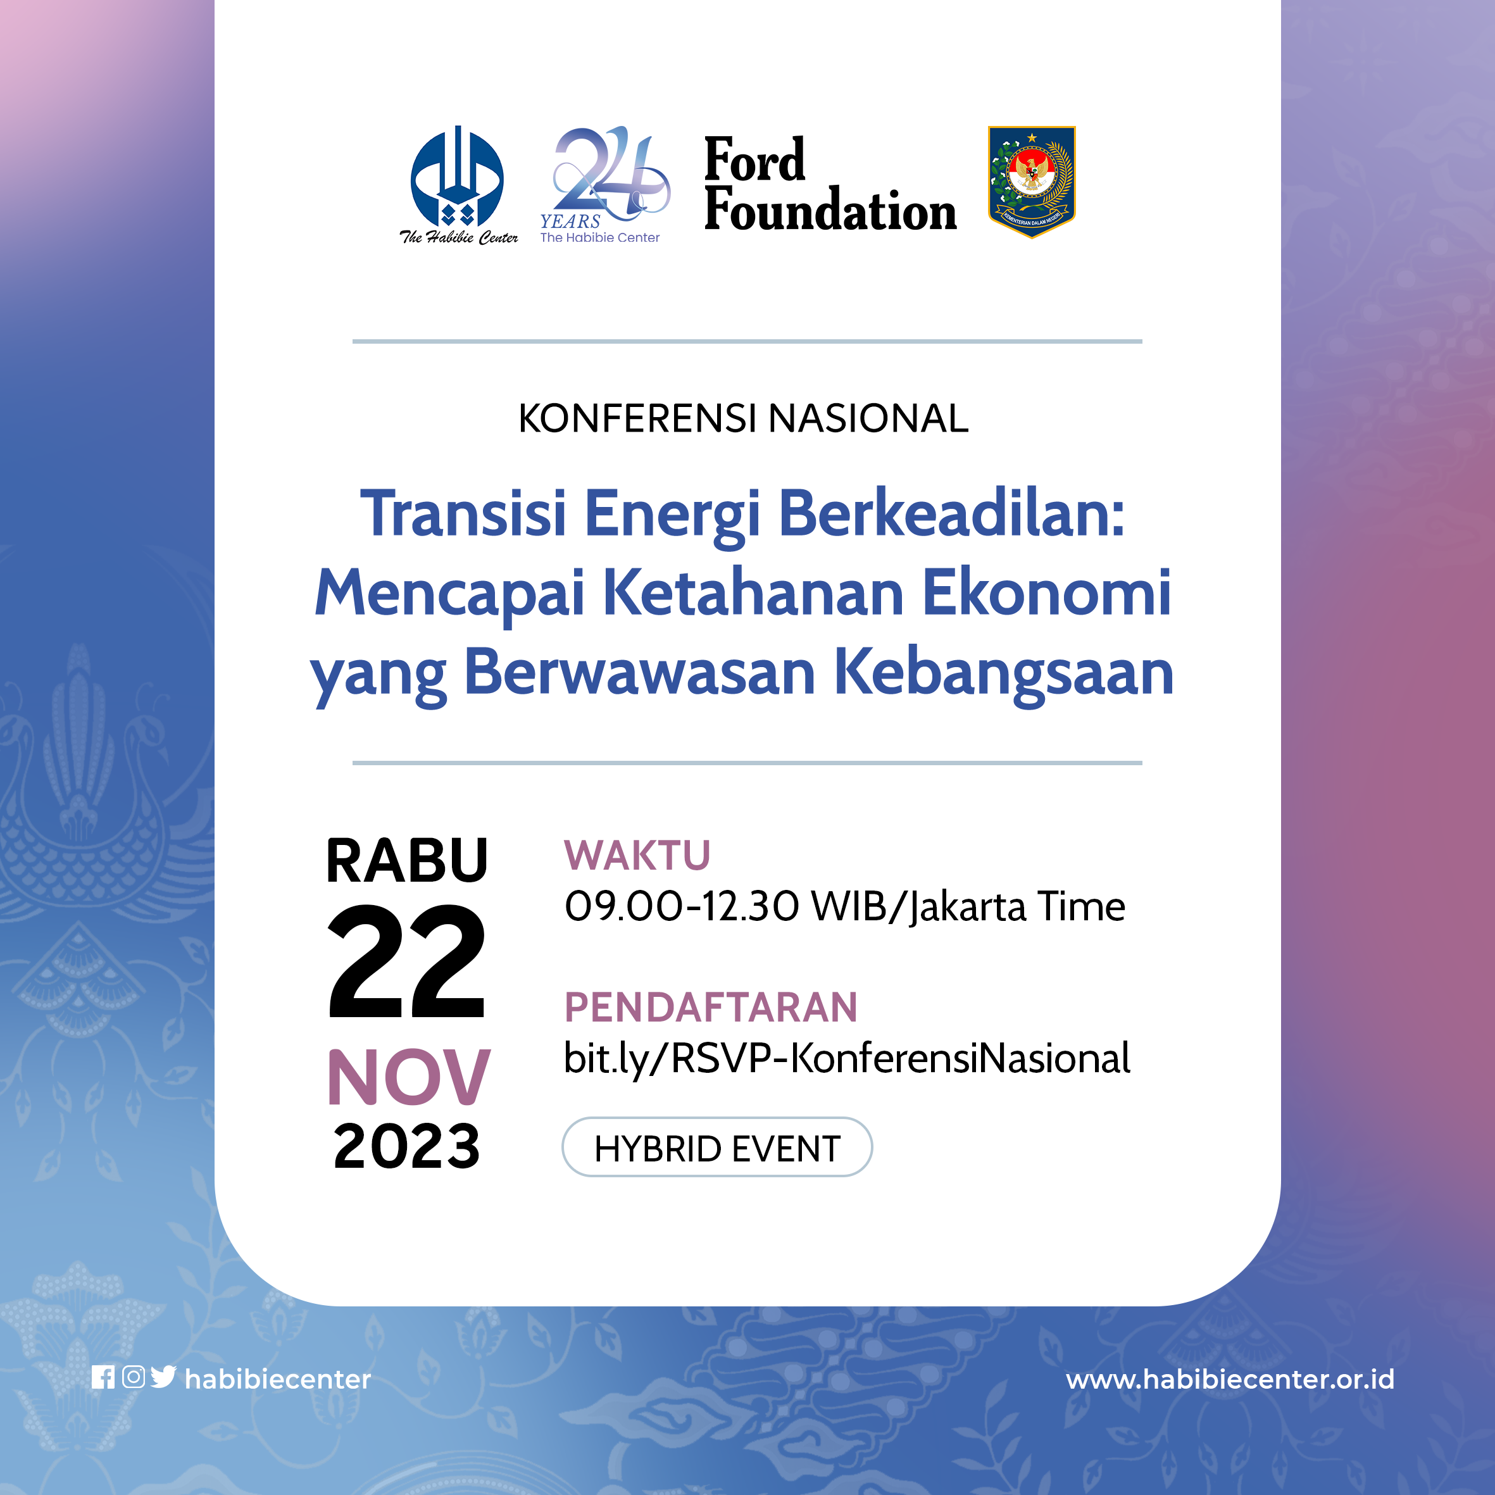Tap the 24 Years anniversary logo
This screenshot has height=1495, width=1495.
[604, 184]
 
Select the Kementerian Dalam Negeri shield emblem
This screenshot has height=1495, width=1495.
[1032, 181]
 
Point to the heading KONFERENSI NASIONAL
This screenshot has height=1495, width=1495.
[743, 418]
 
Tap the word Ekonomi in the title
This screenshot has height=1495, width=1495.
[1046, 592]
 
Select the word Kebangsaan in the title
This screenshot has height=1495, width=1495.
[1004, 672]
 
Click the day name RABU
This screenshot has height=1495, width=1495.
[407, 860]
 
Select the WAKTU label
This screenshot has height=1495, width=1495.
[637, 855]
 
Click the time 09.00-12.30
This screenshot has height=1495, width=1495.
[681, 906]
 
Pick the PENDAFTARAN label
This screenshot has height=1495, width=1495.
[710, 1008]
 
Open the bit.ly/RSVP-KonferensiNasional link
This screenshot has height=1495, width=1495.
[846, 1058]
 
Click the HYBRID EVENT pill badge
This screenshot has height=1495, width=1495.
[716, 1148]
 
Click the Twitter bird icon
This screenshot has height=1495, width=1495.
[163, 1377]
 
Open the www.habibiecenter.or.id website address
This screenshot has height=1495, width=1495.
[1230, 1379]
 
